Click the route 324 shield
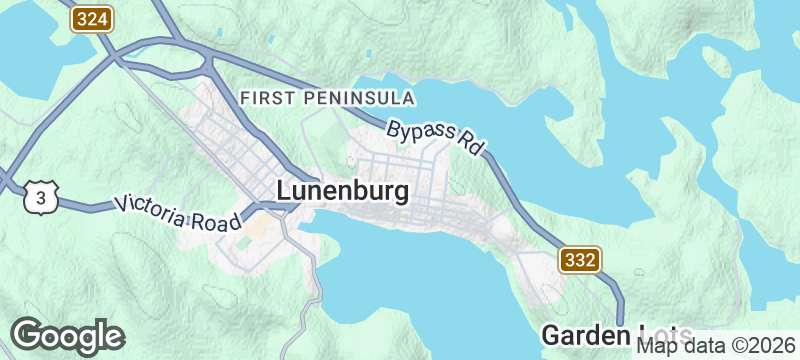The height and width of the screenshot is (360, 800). pyautogui.click(x=92, y=18)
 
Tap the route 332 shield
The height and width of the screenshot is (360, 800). pyautogui.click(x=580, y=259)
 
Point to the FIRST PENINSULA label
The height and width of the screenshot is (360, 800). pyautogui.click(x=328, y=98)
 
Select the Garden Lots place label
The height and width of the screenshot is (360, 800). pyautogui.click(x=590, y=334)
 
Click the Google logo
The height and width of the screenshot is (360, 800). pyautogui.click(x=67, y=336)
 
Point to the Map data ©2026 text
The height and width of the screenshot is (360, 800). pyautogui.click(x=717, y=345)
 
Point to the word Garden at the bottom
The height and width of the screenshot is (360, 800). pyautogui.click(x=575, y=334)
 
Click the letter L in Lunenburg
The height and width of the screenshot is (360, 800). pyautogui.click(x=284, y=190)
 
